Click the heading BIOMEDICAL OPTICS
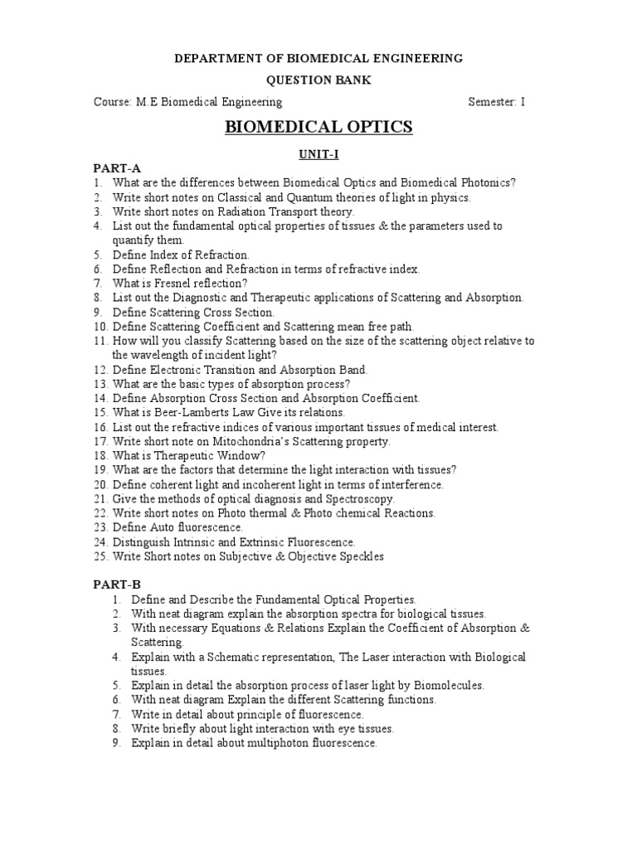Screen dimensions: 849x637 coord(318,127)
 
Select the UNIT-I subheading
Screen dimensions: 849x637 coord(318,154)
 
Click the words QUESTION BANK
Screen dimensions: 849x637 coord(318,80)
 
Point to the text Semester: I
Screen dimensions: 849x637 coord(497,102)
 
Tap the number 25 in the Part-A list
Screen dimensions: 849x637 coord(100,556)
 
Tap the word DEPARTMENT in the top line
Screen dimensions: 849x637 coord(213,59)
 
